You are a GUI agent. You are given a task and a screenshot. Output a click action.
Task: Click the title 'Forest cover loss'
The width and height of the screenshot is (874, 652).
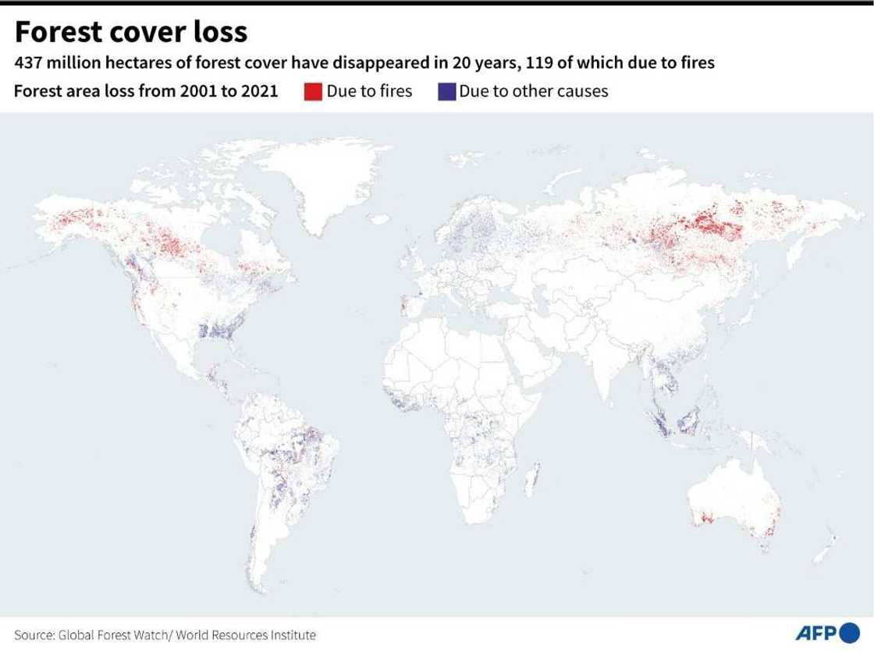(131, 32)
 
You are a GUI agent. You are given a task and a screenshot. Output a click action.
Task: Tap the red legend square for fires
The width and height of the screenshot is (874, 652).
(312, 91)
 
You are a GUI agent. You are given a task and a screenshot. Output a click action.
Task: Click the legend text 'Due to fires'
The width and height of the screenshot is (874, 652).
(369, 91)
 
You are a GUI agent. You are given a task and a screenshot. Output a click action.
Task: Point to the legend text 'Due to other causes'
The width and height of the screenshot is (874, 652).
(533, 91)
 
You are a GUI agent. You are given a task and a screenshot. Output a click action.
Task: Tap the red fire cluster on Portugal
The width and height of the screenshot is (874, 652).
(403, 304)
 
